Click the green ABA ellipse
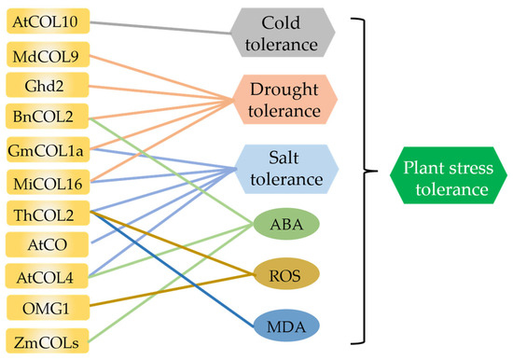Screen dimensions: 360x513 pyautogui.click(x=286, y=223)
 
